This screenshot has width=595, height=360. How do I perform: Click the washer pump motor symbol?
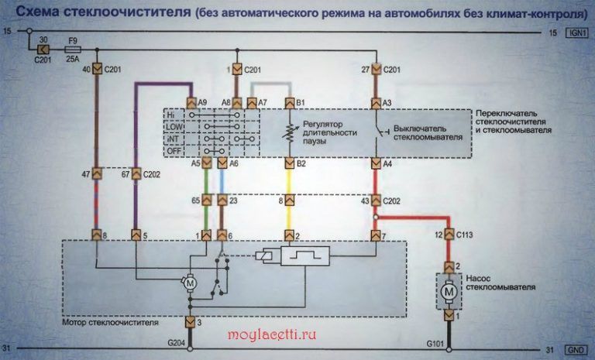448,292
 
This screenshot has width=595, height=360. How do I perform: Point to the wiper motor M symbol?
189,284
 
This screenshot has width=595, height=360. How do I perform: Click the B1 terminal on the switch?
291,102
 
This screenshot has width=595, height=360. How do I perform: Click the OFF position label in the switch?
175,152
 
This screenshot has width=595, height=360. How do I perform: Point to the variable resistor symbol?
291,132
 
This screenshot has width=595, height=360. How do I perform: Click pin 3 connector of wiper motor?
189,321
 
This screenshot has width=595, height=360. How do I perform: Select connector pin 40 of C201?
97,69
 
